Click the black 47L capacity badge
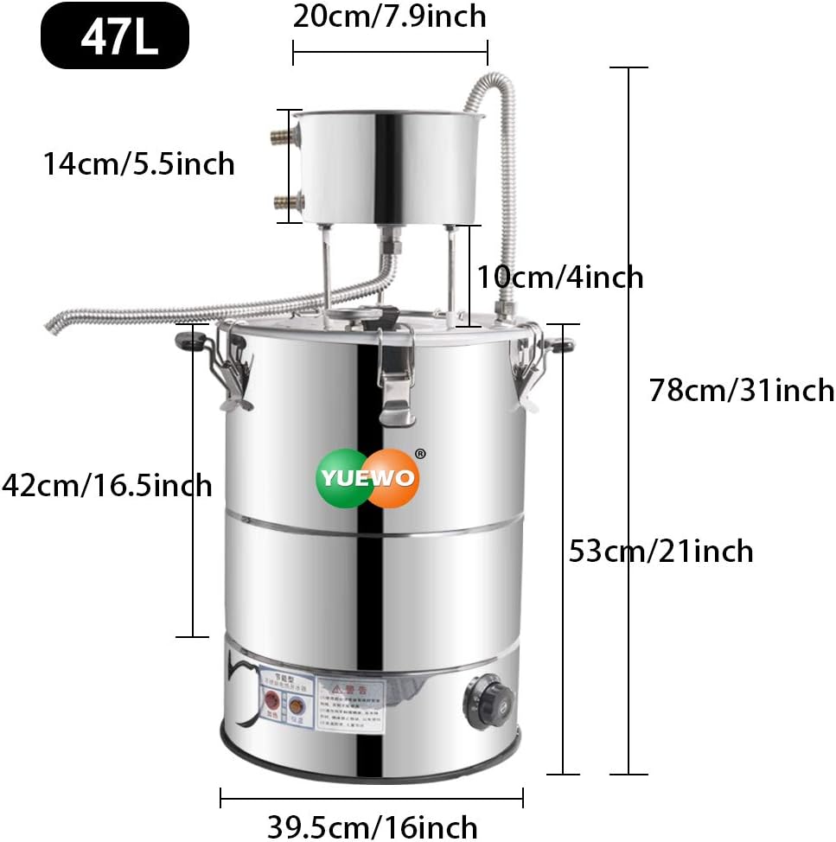[x=114, y=36]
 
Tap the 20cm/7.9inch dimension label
[x=389, y=16]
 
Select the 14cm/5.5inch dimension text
[x=139, y=163]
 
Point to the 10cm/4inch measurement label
[x=560, y=277]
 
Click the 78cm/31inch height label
[x=742, y=390]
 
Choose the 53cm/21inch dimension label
[x=661, y=551]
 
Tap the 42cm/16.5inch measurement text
[x=106, y=485]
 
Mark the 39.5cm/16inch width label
[x=372, y=826]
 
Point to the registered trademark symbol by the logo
[x=420, y=453]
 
